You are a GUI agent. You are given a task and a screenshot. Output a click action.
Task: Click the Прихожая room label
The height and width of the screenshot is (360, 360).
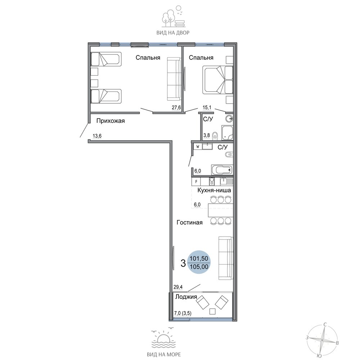pos(111,121)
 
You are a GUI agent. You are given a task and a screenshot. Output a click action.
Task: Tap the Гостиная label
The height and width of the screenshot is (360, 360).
pos(190,222)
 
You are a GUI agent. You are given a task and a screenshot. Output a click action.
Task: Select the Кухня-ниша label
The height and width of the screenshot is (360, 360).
pos(214,190)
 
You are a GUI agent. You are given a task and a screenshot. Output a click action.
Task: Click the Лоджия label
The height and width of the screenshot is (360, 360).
pos(186,297)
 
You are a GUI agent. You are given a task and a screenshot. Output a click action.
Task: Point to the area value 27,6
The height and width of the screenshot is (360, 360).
pos(176,107)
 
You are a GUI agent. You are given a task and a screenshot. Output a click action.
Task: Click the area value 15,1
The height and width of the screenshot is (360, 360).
pos(207,107)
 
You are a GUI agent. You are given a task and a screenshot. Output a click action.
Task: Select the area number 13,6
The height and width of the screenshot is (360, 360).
pos(97,136)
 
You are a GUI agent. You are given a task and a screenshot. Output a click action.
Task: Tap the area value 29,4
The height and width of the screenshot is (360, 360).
pos(178,287)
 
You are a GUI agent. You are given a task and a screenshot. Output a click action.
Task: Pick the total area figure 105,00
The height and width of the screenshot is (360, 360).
pos(199,266)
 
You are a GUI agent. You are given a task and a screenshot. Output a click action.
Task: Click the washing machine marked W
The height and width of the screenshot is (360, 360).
pos(198,146)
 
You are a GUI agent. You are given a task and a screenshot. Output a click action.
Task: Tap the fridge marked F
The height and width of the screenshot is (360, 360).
pos(196,181)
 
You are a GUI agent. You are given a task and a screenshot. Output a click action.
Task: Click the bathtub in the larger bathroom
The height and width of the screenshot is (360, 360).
pos(222,170)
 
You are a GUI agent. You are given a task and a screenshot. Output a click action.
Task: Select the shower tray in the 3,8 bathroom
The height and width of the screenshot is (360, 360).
pos(227,133)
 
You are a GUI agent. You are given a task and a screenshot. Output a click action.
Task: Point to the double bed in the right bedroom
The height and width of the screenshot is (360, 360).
pos(218,80)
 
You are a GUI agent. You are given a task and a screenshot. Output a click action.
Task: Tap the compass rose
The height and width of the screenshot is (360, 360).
pos(322,340)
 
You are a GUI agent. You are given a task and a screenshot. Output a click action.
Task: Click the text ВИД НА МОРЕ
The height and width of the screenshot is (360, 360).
pos(164,355)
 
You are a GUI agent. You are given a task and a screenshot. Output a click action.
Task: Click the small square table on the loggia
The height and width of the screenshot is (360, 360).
pos(213,311)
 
